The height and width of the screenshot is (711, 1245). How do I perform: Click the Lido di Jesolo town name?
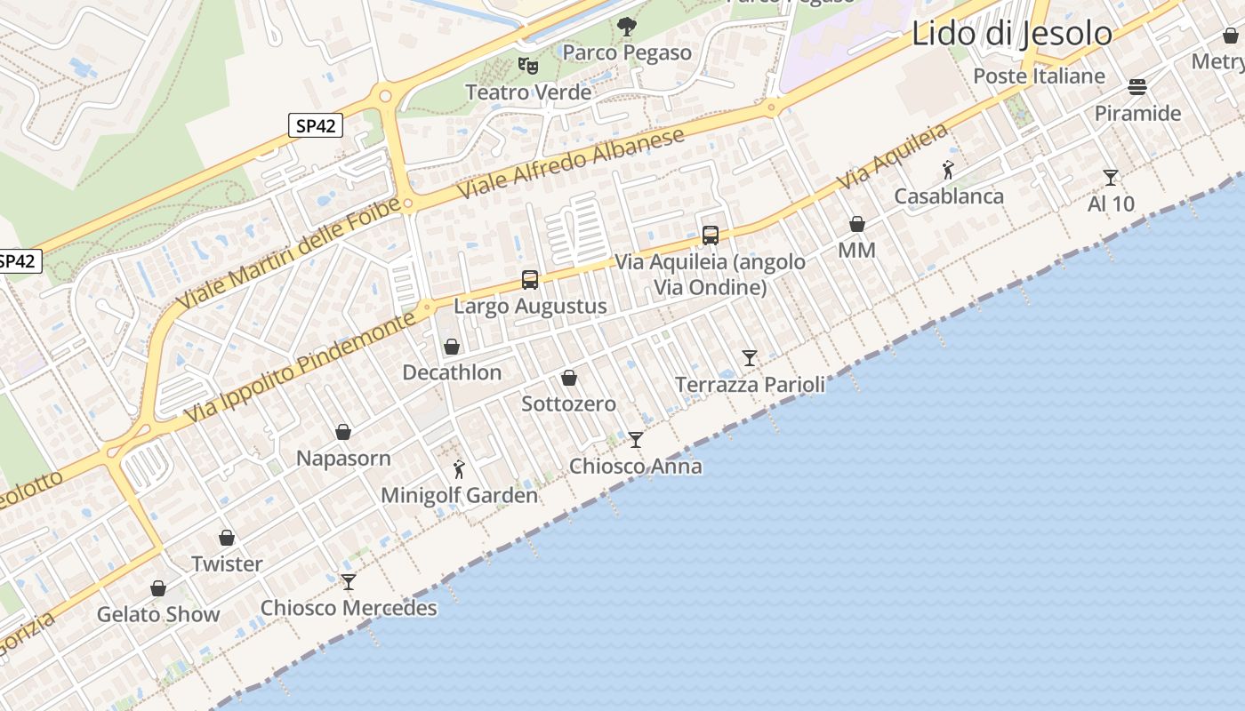(x=1012, y=34)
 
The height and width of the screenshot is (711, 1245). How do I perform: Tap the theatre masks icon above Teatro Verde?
(x=528, y=65)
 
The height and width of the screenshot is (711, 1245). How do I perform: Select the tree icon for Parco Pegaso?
(x=627, y=27)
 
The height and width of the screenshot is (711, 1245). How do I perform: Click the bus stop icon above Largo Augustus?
(x=530, y=280)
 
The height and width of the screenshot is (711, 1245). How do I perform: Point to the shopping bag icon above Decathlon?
(x=452, y=347)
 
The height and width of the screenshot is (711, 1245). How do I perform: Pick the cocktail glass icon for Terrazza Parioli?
(x=750, y=358)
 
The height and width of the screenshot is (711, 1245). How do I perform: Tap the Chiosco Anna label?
(x=635, y=466)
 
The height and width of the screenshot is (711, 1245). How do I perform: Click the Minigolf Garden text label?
(x=459, y=495)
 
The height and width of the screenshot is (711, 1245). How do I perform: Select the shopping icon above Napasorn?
(x=343, y=433)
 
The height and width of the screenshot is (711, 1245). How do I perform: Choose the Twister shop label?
(x=227, y=563)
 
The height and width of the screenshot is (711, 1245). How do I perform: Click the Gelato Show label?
(x=158, y=614)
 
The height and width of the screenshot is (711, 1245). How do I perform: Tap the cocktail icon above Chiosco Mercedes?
(x=349, y=582)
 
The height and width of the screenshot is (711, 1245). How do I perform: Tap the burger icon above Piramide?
(x=1137, y=87)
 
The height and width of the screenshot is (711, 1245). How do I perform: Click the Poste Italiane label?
(x=1039, y=76)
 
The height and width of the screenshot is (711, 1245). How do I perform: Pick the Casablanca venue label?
(x=948, y=196)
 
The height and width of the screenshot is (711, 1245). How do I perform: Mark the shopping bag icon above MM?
(x=857, y=224)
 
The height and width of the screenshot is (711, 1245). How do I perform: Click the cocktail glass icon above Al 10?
(x=1111, y=178)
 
